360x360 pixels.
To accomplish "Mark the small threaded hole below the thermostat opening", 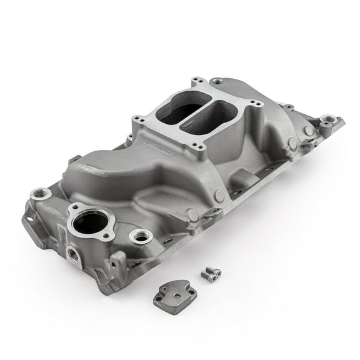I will click(69, 253).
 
